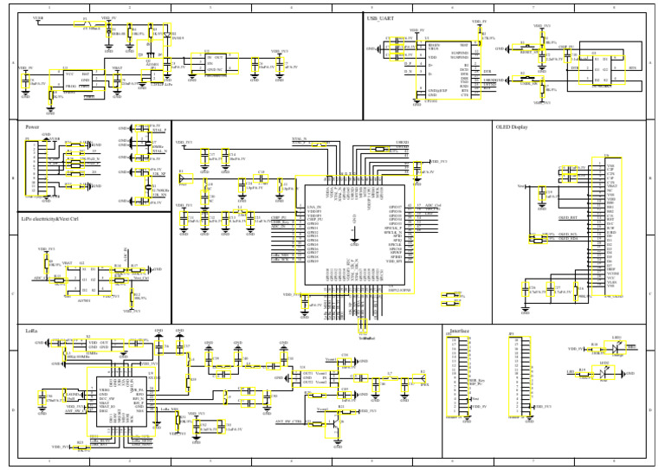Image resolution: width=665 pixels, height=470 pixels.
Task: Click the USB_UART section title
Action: [x=379, y=17]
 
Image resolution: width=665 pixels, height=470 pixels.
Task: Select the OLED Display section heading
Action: [x=512, y=126]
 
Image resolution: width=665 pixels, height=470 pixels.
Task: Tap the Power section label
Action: [x=33, y=126]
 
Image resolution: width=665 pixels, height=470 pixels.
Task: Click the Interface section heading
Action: [x=460, y=330]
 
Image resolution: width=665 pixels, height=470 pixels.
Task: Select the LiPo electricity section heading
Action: [x=52, y=219]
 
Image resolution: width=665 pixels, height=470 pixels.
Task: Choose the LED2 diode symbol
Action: [x=617, y=372]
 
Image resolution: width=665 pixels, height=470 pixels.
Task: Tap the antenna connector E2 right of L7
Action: [x=422, y=379]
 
